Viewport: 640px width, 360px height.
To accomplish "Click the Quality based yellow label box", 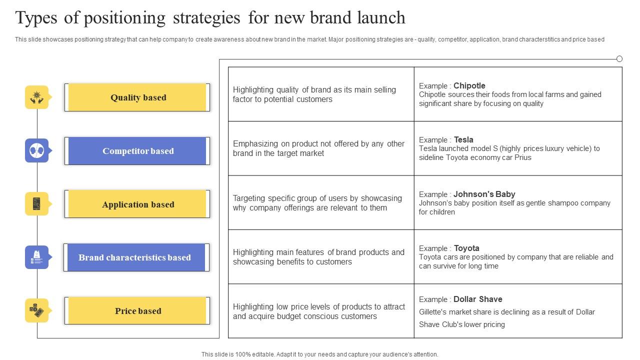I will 137,97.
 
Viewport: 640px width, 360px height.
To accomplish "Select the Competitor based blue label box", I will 137,151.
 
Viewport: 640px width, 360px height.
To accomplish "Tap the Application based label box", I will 137,204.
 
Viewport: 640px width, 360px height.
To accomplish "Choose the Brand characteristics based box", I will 134,257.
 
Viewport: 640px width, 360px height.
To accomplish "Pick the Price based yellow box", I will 137,311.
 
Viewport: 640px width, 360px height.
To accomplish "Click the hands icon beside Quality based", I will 37,97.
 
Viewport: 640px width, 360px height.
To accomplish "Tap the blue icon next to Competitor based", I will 37,150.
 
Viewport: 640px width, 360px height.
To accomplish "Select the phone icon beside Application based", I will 37,204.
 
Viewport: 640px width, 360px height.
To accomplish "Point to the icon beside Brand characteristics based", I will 37,257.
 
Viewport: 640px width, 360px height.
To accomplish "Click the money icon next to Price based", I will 37,310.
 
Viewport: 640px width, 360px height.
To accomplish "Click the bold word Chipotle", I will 469,85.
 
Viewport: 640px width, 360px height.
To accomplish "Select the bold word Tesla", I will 463,139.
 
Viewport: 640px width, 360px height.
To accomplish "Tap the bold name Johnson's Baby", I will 484,194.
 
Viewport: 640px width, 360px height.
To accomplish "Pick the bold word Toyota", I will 466,248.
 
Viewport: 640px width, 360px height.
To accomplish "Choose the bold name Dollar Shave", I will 477,299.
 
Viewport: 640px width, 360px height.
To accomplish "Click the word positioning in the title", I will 124,18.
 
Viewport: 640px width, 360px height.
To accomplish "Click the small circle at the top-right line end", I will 619,59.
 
